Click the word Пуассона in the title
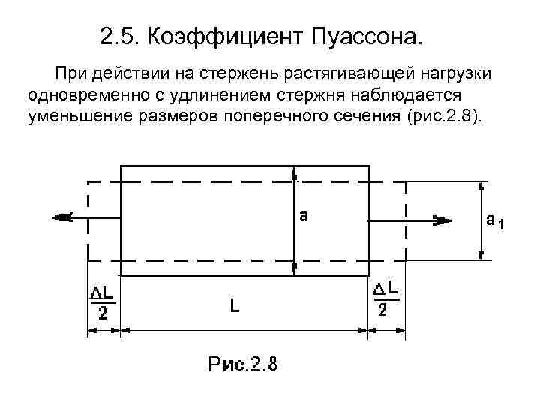coord(367,35)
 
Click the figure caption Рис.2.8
coord(242,366)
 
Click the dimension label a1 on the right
coord(494,220)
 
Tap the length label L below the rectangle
coord(235,305)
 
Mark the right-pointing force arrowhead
coord(443,220)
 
